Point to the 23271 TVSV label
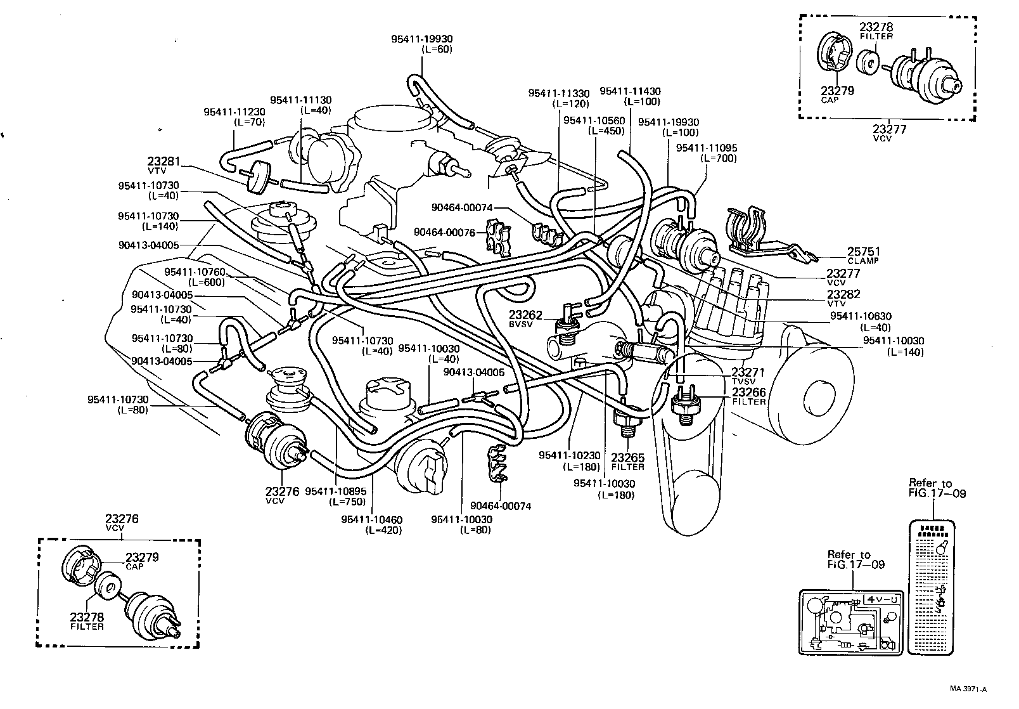pos(748,376)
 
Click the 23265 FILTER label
pos(627,461)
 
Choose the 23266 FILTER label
pos(749,396)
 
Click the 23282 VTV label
pos(843,298)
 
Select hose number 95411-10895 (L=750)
pos(335,495)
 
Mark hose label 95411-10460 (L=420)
pos(371,524)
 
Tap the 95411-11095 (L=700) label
pos(707,153)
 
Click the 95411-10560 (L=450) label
pos(594,126)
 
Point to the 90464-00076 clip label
pos(444,232)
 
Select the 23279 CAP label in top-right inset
pos(838,94)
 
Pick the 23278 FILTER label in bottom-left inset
pos(87,621)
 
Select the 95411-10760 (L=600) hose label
pos(195,276)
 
